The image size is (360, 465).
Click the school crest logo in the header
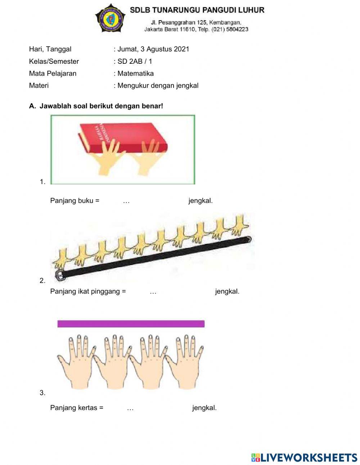tap(110, 18)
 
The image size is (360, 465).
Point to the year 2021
tap(181, 49)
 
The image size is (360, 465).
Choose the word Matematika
tap(136, 73)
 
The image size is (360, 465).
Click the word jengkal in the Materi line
tap(188, 86)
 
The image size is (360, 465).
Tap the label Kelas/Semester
tap(54, 62)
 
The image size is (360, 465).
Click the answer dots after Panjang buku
tap(126, 201)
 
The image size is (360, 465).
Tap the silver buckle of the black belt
tap(60, 276)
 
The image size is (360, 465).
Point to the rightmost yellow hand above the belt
tap(239, 224)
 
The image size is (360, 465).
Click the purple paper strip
tap(131, 324)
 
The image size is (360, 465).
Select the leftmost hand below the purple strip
tap(76, 360)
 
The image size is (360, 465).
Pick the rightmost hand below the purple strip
tap(185, 360)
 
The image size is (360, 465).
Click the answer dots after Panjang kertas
tap(130, 408)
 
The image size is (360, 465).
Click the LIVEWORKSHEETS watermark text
tap(309, 457)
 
